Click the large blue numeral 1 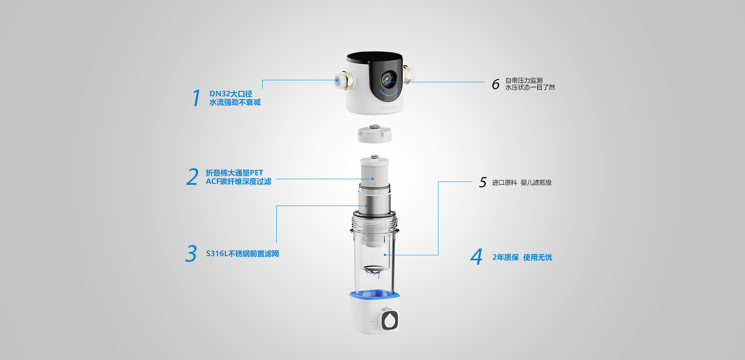click(x=197, y=98)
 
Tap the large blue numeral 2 click(x=192, y=177)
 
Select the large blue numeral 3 click(x=191, y=253)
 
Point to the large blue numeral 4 click(x=476, y=257)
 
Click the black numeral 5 click(x=483, y=182)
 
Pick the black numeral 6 click(x=496, y=84)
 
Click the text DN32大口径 click(x=231, y=93)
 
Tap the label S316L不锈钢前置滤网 click(x=243, y=254)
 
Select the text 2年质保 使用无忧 click(x=522, y=257)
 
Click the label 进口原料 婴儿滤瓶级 click(x=522, y=182)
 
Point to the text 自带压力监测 click(x=524, y=80)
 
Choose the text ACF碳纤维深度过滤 click(x=239, y=182)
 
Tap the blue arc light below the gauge click(x=389, y=93)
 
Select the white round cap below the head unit click(x=374, y=134)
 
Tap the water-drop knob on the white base click(x=390, y=320)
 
